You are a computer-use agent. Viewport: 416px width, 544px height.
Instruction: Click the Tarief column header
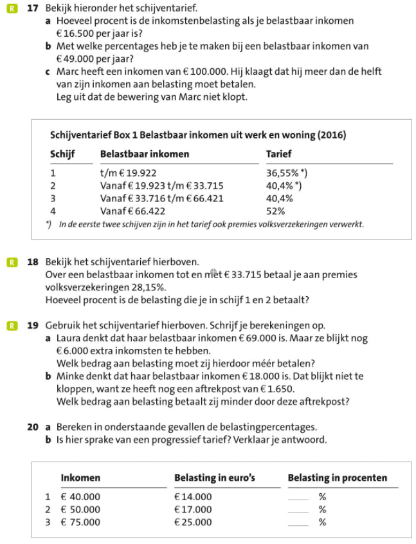(x=278, y=155)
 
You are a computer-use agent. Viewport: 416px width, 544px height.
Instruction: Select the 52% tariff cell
(x=275, y=211)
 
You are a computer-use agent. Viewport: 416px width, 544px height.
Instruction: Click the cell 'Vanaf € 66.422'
(x=133, y=211)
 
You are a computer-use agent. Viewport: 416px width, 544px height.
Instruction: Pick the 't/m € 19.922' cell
(x=128, y=173)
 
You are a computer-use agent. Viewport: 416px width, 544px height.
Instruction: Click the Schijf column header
(x=62, y=155)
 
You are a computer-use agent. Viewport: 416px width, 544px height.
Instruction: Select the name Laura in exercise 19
(x=68, y=337)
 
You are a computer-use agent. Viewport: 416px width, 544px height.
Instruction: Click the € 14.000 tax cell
(x=193, y=496)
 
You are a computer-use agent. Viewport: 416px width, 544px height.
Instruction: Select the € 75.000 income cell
(x=80, y=522)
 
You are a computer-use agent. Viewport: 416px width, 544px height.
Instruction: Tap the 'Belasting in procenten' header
(x=337, y=478)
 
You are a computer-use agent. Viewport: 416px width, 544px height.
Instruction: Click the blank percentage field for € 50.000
(x=298, y=509)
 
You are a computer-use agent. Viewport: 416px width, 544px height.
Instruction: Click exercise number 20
(x=33, y=427)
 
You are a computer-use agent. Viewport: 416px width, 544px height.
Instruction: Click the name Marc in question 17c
(x=69, y=71)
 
